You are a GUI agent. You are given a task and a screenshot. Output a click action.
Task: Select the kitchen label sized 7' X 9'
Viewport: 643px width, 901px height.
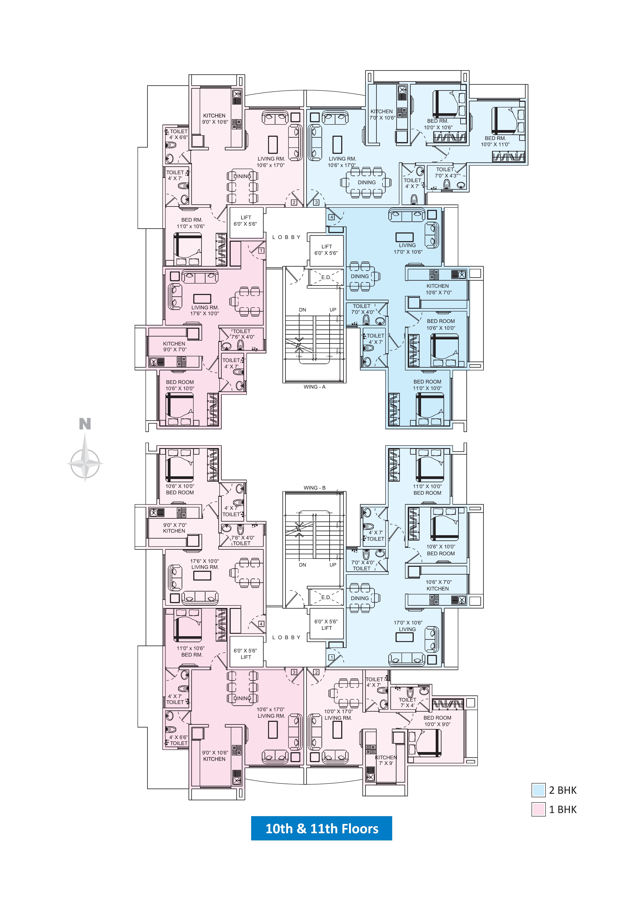tap(386, 760)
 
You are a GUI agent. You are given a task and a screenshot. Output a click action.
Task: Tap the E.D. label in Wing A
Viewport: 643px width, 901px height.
tap(326, 277)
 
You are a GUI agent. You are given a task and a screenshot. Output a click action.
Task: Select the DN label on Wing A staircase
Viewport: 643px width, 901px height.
tap(303, 310)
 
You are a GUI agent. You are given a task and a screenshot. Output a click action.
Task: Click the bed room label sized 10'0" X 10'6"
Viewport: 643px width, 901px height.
tap(438, 124)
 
